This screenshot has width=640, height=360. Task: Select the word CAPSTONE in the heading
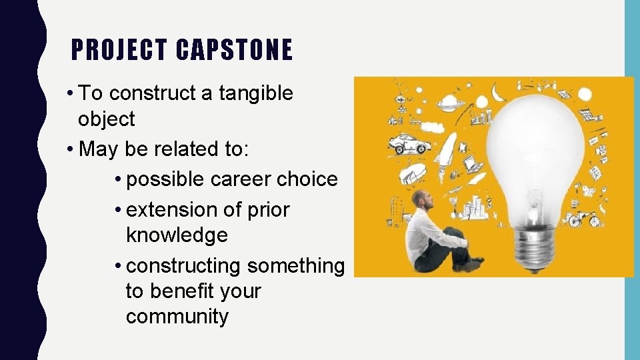(235, 50)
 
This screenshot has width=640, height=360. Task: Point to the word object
(106, 119)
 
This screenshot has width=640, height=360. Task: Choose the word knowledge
(177, 235)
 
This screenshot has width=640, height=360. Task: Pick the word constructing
(184, 265)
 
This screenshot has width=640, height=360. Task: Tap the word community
(177, 317)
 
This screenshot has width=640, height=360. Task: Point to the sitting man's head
(419, 199)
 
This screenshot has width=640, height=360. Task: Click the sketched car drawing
(407, 143)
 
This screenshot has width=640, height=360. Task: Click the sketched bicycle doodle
(585, 218)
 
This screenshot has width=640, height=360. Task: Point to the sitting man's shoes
(473, 263)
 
